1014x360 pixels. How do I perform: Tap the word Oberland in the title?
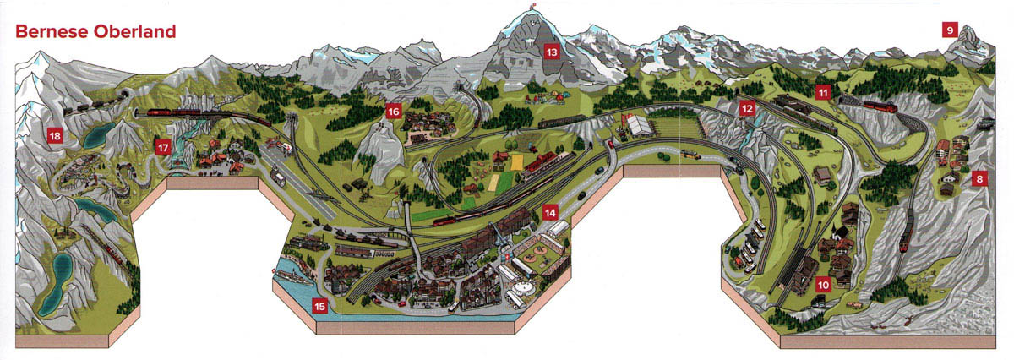pos(134,32)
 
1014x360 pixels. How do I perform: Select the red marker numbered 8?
pos(979,178)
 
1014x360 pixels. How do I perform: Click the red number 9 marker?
pos(950,30)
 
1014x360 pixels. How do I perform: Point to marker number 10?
pos(821,284)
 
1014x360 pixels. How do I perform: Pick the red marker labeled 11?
pos(823,91)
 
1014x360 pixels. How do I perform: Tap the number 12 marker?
pos(746,108)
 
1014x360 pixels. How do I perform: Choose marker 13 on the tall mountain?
pos(552,52)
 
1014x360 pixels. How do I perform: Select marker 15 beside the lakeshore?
pos(319,306)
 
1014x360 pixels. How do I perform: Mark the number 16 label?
pos(393,112)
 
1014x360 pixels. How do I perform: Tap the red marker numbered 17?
pos(163,147)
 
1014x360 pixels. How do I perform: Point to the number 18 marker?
pos(55,135)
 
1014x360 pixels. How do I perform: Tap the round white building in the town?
pos(519,289)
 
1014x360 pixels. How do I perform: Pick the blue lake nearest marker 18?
pos(97,133)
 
